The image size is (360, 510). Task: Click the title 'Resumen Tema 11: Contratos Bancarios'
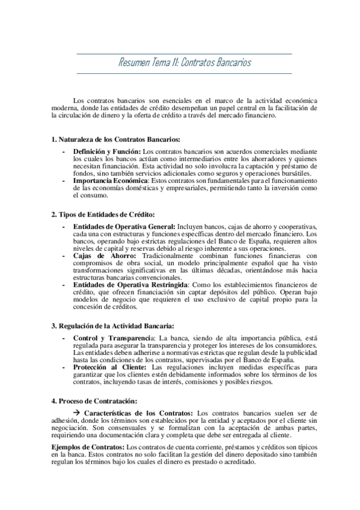[185, 63]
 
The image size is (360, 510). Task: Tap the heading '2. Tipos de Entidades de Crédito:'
[103, 214]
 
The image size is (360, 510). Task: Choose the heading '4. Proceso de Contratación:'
[94, 400]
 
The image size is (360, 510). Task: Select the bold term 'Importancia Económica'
[110, 180]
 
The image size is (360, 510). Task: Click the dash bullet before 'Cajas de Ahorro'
[64, 255]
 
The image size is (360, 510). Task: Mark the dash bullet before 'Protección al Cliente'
[64, 366]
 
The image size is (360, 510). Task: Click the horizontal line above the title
[185, 54]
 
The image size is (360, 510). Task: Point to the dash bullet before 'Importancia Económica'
[64, 180]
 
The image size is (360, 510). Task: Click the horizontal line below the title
[185, 73]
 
